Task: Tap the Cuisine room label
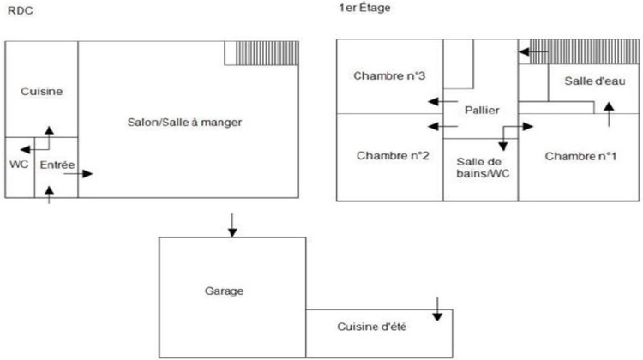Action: point(42,91)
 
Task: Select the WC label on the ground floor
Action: point(19,164)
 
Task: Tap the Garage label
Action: point(225,291)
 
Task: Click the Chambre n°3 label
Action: point(390,76)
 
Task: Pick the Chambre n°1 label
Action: point(580,156)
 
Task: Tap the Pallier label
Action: point(482,111)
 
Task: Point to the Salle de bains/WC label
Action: point(480,168)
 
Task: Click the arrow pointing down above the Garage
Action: point(231,225)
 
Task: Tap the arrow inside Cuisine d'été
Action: point(437,309)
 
